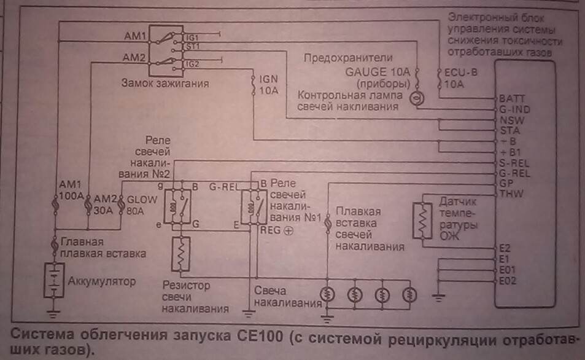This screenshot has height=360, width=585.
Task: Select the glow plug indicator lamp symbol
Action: click(416, 97)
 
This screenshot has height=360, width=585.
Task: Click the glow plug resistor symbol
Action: click(182, 254)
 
